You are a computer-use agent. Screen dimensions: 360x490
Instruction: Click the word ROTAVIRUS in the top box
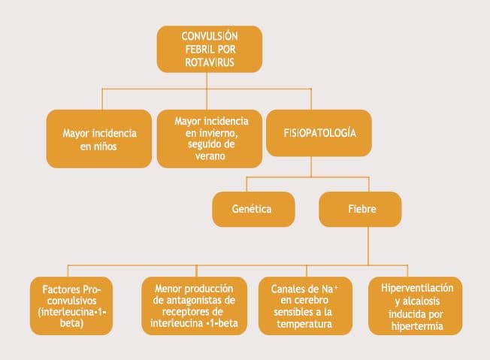(x=209, y=63)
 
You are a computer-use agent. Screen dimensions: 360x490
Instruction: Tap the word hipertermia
(x=416, y=326)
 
